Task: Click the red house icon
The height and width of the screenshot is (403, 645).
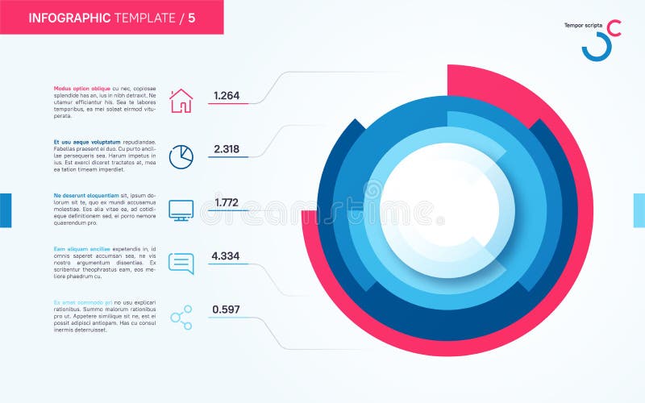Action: [x=181, y=101]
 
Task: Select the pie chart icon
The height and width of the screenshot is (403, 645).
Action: [x=181, y=156]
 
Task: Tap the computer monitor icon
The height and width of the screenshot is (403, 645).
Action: [x=181, y=210]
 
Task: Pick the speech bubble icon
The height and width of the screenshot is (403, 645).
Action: [x=181, y=264]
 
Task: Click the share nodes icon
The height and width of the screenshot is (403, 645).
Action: [x=181, y=317]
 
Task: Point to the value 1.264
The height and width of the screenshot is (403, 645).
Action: [x=226, y=96]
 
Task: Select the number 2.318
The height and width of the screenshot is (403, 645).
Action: [x=226, y=149]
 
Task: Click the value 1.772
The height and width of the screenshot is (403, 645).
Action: [x=226, y=202]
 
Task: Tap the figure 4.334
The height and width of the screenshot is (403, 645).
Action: [x=226, y=256]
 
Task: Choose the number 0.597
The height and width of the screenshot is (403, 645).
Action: [x=226, y=310]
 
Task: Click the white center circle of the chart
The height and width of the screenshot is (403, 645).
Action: [x=447, y=210]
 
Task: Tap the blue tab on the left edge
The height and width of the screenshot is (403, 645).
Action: [x=6, y=210]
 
